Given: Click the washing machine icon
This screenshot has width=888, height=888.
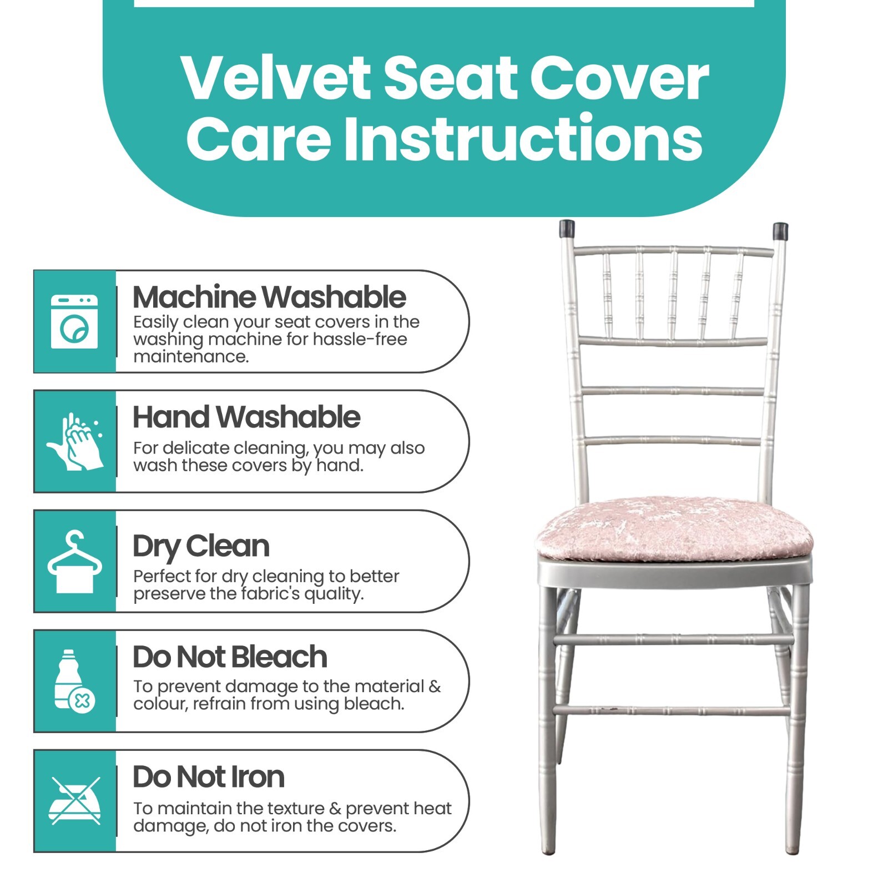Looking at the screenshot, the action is click(74, 322).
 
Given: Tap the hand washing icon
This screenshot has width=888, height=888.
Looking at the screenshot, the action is click(75, 442).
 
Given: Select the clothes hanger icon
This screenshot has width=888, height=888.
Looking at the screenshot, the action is click(74, 562).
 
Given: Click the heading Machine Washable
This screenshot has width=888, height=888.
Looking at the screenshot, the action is click(269, 297).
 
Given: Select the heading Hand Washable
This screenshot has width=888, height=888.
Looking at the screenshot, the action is click(246, 417).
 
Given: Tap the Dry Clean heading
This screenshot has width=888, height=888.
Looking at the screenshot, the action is click(201, 547).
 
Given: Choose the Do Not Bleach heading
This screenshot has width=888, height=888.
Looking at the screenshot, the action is click(230, 657).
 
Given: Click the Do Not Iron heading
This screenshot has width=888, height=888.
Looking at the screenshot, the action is click(209, 777).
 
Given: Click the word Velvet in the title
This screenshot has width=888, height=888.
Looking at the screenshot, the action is click(276, 78).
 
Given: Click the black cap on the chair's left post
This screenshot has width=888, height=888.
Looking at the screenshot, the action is click(567, 229).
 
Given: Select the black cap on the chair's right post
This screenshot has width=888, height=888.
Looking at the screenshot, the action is click(780, 231).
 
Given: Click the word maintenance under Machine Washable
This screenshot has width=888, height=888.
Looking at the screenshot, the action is click(191, 357).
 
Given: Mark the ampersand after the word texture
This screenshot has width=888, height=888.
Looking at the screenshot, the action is click(335, 809).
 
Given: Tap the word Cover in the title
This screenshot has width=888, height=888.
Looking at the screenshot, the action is click(619, 78).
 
